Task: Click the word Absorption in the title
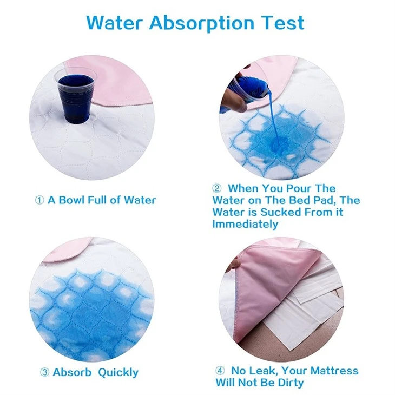tap(202, 23)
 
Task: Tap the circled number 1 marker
tap(40, 201)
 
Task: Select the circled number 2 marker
tap(216, 188)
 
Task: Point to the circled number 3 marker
tap(44, 372)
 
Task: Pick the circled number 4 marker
tap(220, 371)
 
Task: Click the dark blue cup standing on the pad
tap(76, 96)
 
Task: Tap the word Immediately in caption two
tap(245, 223)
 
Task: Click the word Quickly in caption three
tap(118, 373)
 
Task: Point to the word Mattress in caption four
tap(334, 371)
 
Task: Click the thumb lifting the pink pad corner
tap(235, 264)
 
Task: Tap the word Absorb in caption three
tap(72, 372)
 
